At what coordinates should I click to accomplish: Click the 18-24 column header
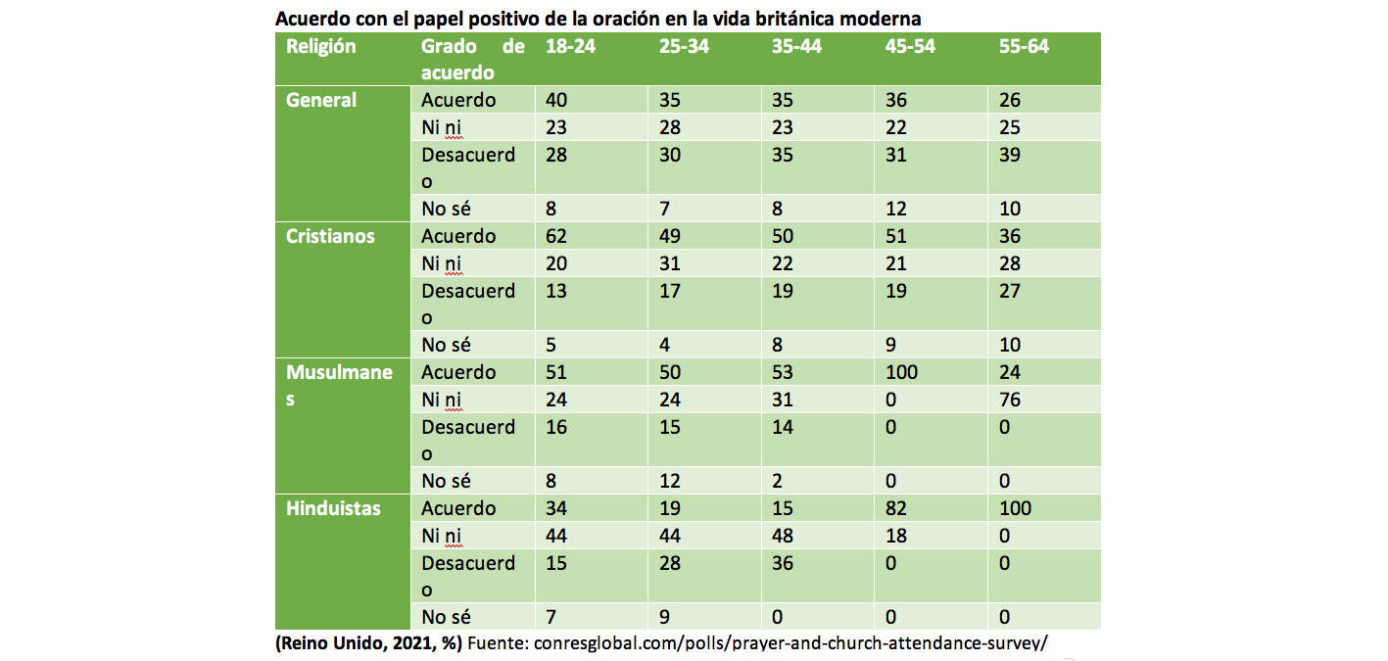point(570,47)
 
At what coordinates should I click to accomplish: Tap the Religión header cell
point(321,47)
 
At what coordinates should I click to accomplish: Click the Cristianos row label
point(330,236)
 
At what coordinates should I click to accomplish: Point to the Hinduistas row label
point(333,508)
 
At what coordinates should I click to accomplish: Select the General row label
point(321,100)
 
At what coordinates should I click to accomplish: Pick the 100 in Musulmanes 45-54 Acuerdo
point(902,372)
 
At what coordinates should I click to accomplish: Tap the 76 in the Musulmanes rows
point(1011,400)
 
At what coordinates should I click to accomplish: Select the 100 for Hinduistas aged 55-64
point(1016,508)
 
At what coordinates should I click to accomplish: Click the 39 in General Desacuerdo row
point(1011,154)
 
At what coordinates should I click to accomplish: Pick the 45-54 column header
point(910,47)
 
